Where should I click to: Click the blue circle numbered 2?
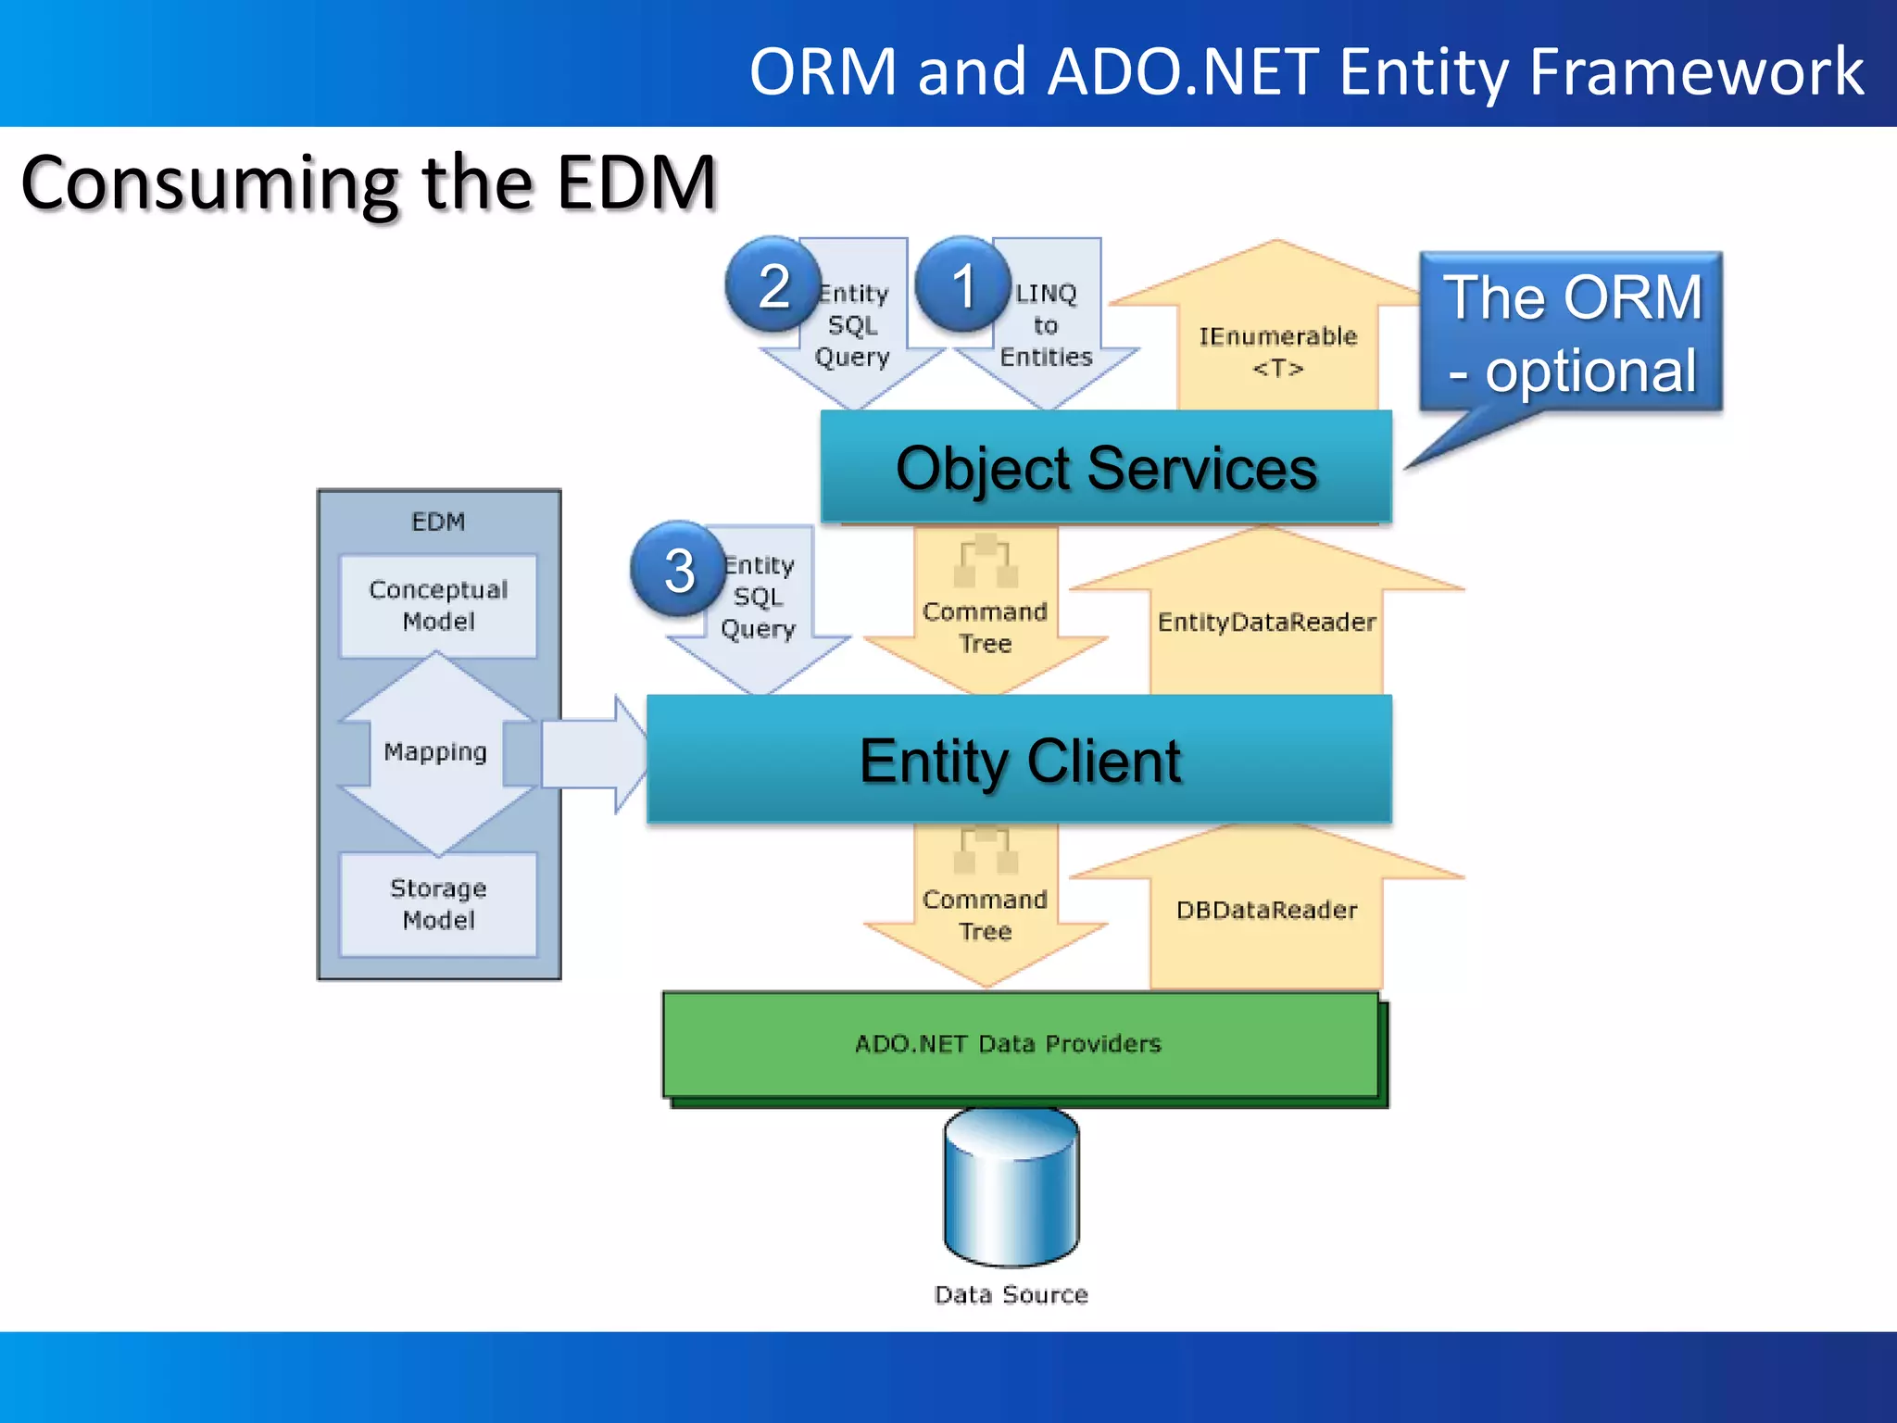click(x=773, y=285)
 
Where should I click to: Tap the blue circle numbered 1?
click(x=962, y=284)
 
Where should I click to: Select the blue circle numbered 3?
click(x=678, y=570)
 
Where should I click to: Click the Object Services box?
click(x=1106, y=468)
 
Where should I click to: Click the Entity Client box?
click(x=1019, y=760)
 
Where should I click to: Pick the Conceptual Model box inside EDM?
click(x=438, y=606)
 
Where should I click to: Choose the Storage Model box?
click(x=438, y=904)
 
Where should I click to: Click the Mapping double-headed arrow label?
click(x=435, y=751)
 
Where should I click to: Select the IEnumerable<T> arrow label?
click(x=1277, y=352)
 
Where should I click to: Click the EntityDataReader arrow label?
click(x=1266, y=622)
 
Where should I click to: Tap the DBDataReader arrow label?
click(x=1266, y=910)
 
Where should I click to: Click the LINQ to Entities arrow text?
click(x=1046, y=325)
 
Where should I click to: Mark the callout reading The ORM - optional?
click(x=1572, y=334)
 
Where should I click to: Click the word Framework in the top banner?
click(x=1696, y=71)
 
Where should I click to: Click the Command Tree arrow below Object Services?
click(x=985, y=627)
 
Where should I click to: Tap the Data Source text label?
click(x=1011, y=1294)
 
